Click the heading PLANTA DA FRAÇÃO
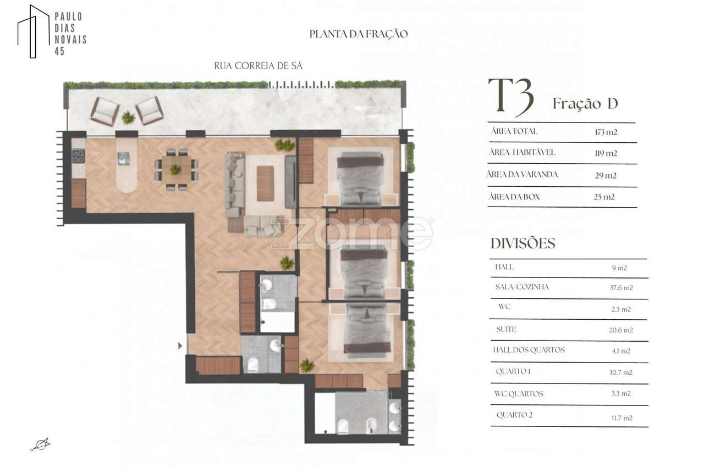click(359, 34)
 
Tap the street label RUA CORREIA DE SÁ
click(258, 66)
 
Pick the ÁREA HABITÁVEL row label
click(522, 153)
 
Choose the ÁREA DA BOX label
click(514, 197)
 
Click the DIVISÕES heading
click(522, 243)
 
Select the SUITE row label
click(505, 330)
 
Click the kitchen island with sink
click(126, 164)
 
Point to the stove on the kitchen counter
click(78, 156)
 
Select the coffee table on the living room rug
click(265, 183)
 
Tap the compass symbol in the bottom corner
click(40, 444)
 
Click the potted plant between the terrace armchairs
click(128, 118)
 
